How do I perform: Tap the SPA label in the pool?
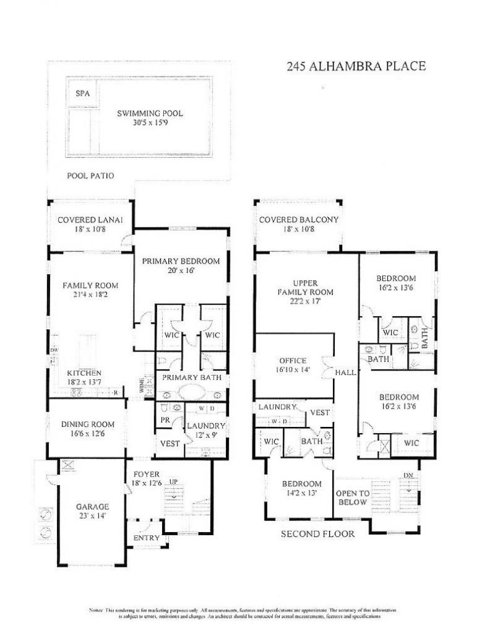[82, 94]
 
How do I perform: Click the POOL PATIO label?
[90, 175]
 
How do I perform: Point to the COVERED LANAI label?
[90, 220]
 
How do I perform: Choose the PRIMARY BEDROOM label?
[181, 261]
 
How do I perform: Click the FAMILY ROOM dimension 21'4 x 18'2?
[90, 295]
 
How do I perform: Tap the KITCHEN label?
[84, 373]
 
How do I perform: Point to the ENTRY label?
[146, 538]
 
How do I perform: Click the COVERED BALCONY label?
[298, 220]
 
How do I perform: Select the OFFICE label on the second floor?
[293, 360]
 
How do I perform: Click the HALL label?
[345, 373]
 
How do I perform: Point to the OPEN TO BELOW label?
[353, 497]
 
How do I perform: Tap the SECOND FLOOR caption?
[317, 533]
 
